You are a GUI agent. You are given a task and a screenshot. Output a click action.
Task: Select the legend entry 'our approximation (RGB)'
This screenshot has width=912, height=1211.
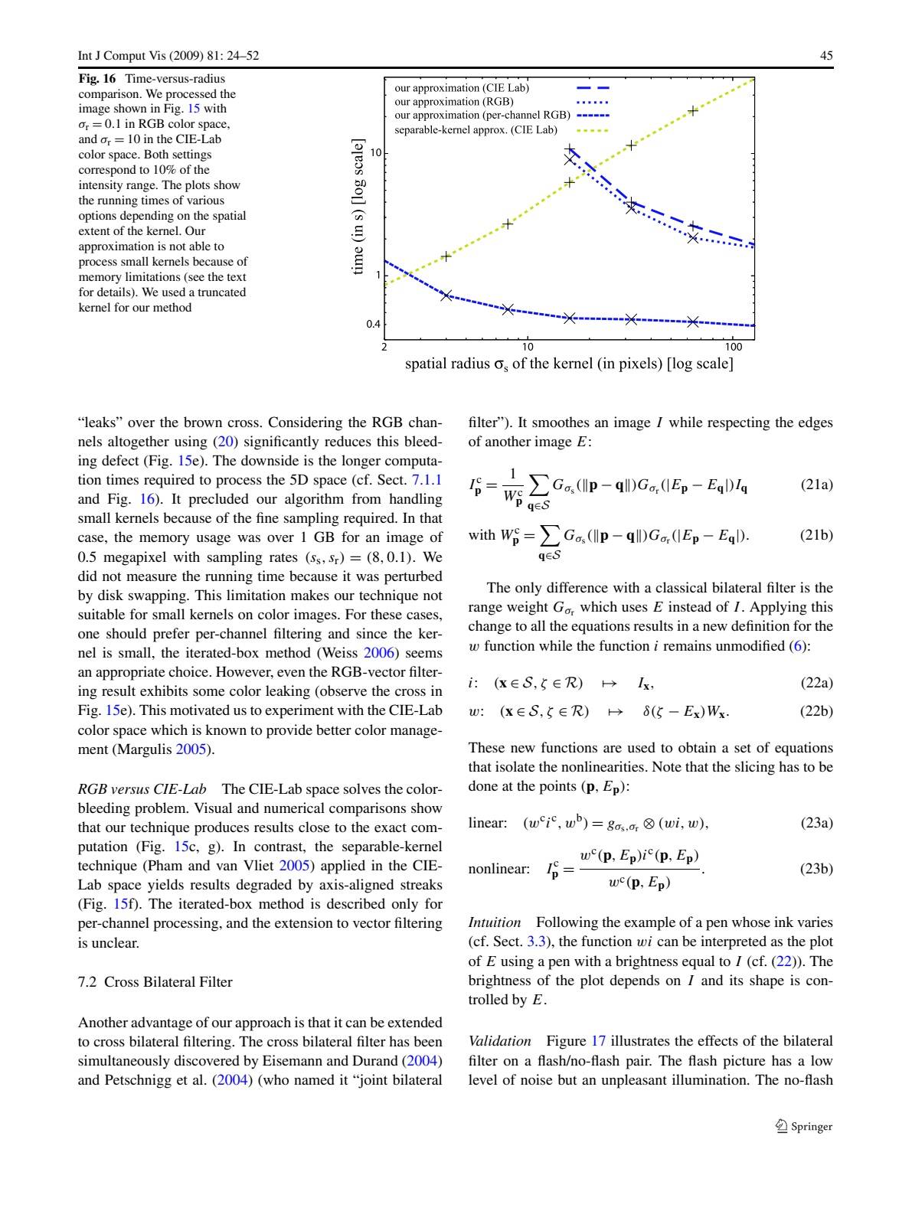click(454, 102)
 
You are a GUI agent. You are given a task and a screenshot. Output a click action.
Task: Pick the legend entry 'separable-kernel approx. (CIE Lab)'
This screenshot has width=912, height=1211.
click(476, 130)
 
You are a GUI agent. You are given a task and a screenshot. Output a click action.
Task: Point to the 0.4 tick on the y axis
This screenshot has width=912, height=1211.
click(373, 325)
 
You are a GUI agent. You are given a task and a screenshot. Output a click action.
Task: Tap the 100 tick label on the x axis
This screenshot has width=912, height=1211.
click(734, 348)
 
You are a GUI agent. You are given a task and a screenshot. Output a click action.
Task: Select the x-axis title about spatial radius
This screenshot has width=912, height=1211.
click(569, 364)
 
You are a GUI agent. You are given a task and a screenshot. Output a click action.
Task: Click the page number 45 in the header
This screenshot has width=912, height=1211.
click(826, 56)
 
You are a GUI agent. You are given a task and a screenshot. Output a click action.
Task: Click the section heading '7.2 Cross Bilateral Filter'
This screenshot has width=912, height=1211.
click(155, 982)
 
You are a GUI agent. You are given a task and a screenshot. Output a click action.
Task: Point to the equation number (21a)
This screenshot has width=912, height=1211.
click(816, 485)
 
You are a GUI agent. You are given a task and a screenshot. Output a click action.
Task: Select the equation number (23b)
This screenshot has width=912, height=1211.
click(816, 869)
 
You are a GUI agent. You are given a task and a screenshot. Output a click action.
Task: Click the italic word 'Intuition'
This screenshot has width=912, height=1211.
click(495, 923)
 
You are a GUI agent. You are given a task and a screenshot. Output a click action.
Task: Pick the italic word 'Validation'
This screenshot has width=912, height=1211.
click(499, 1041)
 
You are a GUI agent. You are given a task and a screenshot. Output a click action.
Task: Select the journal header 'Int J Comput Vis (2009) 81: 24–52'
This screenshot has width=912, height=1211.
click(168, 56)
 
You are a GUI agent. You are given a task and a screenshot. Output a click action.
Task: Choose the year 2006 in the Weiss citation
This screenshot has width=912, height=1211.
click(381, 653)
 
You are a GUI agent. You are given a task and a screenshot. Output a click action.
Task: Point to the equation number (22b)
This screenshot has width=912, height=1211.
click(816, 711)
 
